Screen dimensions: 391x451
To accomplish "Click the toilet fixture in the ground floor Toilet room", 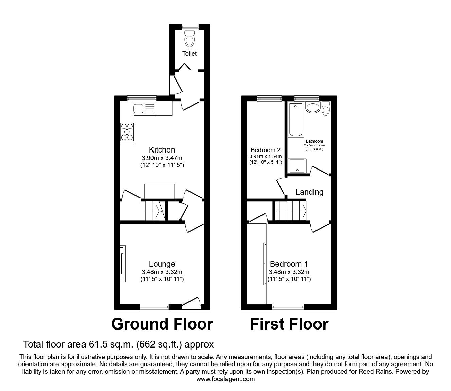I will coord(190,39).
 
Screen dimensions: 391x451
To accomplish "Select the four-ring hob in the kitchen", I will coord(127,132).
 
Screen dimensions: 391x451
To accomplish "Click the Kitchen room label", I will coord(162,150).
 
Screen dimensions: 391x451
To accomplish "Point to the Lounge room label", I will coord(162,264).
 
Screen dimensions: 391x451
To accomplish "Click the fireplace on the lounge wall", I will coord(123,264).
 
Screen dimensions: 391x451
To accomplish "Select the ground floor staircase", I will coord(156,210).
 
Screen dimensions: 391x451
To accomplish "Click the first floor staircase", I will coord(290,211).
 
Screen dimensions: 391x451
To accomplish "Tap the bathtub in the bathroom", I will coord(295,120).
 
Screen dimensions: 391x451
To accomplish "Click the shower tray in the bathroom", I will coord(297,166).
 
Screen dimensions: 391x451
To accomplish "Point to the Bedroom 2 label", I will coord(266,150).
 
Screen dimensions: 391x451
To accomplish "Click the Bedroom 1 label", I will coord(289,264).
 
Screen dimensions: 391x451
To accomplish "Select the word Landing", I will coord(309,192).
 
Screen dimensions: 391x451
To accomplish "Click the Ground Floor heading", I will coord(162,324).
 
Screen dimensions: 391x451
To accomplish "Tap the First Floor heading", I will coord(289,324).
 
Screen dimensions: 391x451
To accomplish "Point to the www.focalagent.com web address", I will coord(225,379).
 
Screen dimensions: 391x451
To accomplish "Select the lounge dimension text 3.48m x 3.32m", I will coord(162,272).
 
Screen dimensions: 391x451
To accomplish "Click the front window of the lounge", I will coord(155,307).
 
